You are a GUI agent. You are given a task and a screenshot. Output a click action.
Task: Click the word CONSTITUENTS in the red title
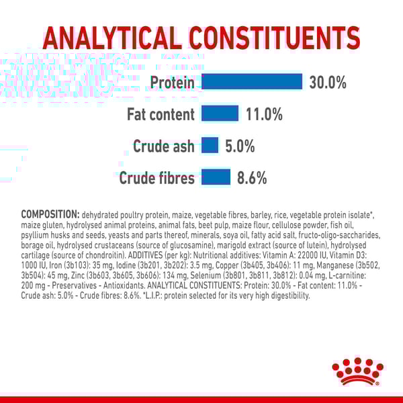[275, 38]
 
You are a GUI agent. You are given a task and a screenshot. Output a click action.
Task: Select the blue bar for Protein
[252, 81]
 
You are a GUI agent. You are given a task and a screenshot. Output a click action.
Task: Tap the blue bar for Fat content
[220, 113]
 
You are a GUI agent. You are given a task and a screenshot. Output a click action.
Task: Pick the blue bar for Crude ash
[210, 145]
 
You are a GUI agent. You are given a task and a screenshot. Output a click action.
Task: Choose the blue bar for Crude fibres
[216, 177]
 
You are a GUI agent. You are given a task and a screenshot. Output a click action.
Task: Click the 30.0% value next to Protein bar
[328, 83]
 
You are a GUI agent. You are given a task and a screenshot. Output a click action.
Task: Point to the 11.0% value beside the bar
[264, 114]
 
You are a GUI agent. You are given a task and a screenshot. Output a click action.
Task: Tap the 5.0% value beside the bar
[240, 146]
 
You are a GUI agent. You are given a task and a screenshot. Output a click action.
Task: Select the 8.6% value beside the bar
[252, 178]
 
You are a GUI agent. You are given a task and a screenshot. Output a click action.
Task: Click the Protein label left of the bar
[172, 83]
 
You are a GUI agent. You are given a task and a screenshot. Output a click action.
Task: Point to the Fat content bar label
[161, 114]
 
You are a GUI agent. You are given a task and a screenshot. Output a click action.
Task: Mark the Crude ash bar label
[164, 146]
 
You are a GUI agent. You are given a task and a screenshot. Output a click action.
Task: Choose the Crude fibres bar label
[156, 178]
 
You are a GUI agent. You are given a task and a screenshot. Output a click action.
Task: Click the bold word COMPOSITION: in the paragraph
[50, 214]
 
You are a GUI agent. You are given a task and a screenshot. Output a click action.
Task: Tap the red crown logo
[357, 371]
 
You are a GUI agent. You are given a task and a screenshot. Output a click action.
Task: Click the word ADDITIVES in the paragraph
[145, 255]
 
